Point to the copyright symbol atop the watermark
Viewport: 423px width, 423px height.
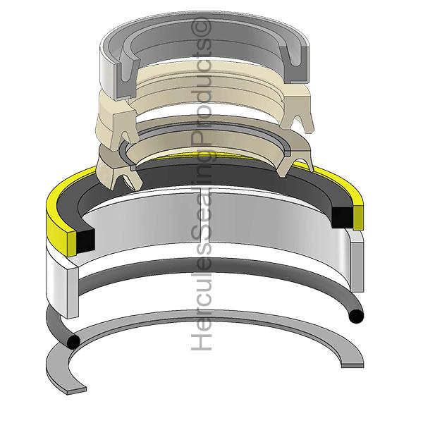[x=204, y=27]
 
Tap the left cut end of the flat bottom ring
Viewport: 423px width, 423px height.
[x=73, y=388]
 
